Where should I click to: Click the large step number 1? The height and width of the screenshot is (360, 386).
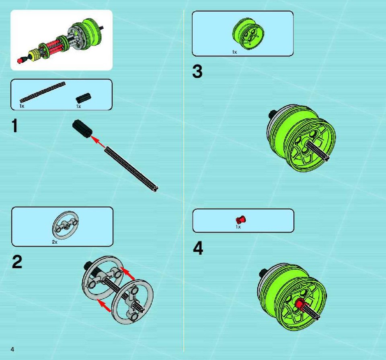tap(15, 126)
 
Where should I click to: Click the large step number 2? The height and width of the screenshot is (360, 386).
tap(17, 262)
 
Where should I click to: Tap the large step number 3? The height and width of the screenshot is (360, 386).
tap(197, 72)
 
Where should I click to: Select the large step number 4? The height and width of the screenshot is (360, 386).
tap(198, 248)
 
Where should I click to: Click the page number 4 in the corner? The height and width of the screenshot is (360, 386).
tap(12, 349)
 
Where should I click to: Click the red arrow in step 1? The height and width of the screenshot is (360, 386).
tap(98, 142)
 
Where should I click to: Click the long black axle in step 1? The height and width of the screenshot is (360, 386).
tap(131, 169)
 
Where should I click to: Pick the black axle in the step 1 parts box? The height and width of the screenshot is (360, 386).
tap(43, 92)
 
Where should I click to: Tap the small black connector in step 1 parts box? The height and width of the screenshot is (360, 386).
tap(84, 98)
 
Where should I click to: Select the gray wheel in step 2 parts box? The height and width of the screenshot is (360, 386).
tap(66, 225)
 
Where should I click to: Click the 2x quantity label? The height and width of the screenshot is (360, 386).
tap(55, 242)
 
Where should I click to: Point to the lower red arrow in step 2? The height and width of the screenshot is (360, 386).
tap(104, 306)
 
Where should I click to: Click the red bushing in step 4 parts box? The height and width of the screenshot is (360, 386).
tap(241, 219)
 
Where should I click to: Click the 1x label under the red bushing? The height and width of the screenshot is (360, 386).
tap(238, 227)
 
